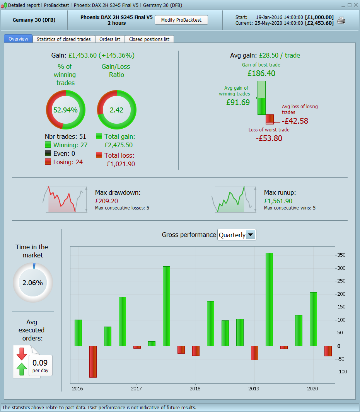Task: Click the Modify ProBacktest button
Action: tap(181, 20)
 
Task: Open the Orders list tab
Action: tap(110, 39)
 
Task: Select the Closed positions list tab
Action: tap(149, 39)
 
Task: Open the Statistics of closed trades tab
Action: tap(64, 39)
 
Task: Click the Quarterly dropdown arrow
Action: tap(251, 235)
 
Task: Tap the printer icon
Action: tap(341, 20)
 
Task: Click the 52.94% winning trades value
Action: tap(66, 110)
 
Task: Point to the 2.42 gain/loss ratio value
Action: tap(116, 110)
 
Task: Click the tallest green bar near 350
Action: tap(269, 299)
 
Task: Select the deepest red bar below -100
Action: tap(93, 361)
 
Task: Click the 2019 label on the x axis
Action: tap(254, 388)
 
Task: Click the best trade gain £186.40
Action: tap(261, 73)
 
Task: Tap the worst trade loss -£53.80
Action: tap(269, 138)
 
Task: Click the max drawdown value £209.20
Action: tap(106, 201)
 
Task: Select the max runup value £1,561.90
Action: tap(278, 201)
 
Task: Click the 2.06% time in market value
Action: tap(32, 283)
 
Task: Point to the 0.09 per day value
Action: tap(40, 363)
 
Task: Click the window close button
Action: tap(355, 5)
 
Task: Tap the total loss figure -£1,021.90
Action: tap(119, 164)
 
